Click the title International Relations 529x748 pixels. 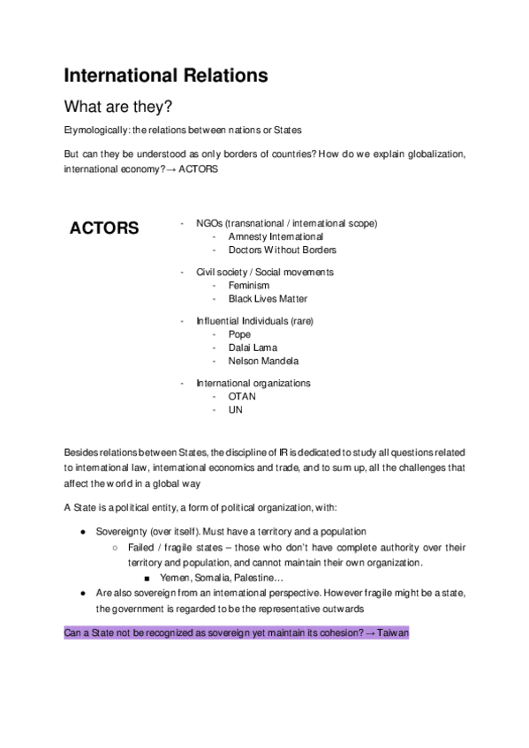click(166, 76)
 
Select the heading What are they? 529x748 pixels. click(117, 107)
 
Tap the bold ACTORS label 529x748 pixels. click(104, 228)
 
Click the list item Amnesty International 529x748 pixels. click(276, 236)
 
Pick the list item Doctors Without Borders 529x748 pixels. click(282, 250)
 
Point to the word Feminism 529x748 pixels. click(248, 286)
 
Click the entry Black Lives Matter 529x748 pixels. click(268, 299)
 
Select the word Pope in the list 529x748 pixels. click(239, 334)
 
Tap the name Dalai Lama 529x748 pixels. click(253, 348)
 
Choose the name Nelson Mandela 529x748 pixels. click(263, 361)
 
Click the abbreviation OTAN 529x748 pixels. click(242, 396)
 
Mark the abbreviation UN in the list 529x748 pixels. click(235, 409)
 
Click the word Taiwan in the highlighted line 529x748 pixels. click(393, 633)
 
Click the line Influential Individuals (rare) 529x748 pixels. click(254, 321)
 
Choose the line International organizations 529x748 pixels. click(253, 383)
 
